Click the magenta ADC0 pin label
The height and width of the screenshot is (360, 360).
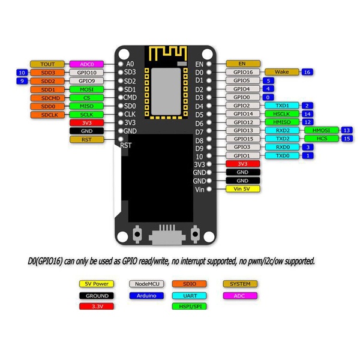point(86,64)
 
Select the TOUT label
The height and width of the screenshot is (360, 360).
point(47,64)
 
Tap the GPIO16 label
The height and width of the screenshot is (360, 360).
point(243,72)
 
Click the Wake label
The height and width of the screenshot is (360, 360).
point(282,72)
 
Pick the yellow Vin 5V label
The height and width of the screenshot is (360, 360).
point(243,189)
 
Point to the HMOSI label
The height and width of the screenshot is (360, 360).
point(322,130)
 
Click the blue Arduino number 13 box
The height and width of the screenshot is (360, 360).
point(347,130)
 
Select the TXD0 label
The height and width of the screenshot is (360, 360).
point(282,155)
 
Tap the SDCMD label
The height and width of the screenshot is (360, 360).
point(47,98)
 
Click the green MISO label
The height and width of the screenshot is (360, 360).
point(86,106)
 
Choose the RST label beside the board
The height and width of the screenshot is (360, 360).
point(86,139)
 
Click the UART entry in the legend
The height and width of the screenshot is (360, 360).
point(190,296)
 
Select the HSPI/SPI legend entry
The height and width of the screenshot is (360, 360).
point(190,306)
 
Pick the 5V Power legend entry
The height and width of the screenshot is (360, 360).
point(97,284)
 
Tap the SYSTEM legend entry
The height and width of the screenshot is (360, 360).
point(240,284)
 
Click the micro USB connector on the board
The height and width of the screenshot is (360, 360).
point(167,235)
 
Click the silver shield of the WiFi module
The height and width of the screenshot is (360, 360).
point(166,91)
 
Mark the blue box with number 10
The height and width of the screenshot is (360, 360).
point(22,73)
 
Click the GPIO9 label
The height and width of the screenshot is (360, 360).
point(86,81)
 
